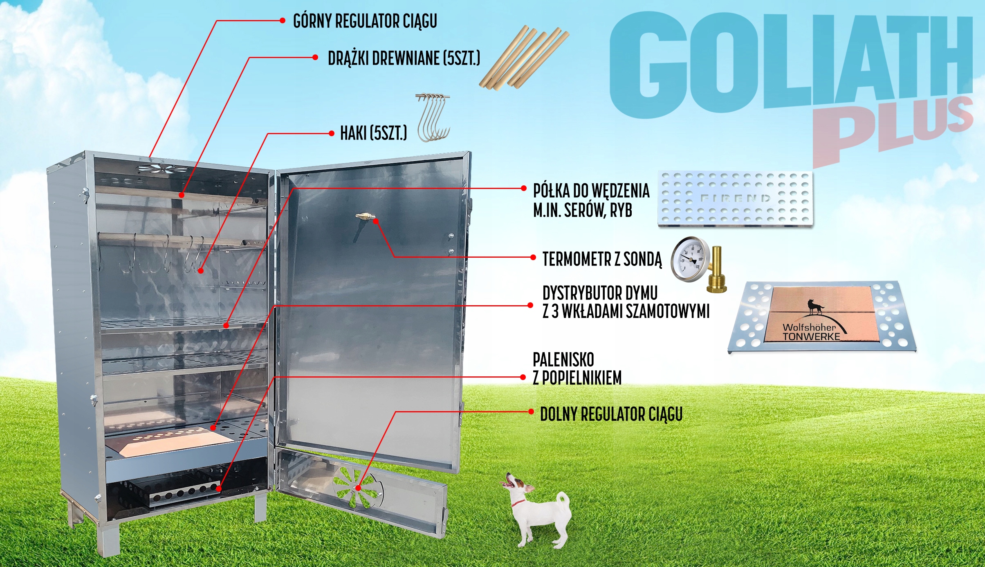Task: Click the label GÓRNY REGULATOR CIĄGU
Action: pos(365,21)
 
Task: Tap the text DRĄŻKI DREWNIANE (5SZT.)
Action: pos(404,59)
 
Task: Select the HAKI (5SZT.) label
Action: pos(373,133)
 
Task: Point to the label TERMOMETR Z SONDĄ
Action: pos(602,259)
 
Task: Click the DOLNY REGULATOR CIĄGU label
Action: pos(611,414)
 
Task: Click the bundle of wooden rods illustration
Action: pos(524,58)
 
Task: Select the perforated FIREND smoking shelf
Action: pos(735,199)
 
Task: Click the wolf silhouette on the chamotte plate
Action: pos(815,308)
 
